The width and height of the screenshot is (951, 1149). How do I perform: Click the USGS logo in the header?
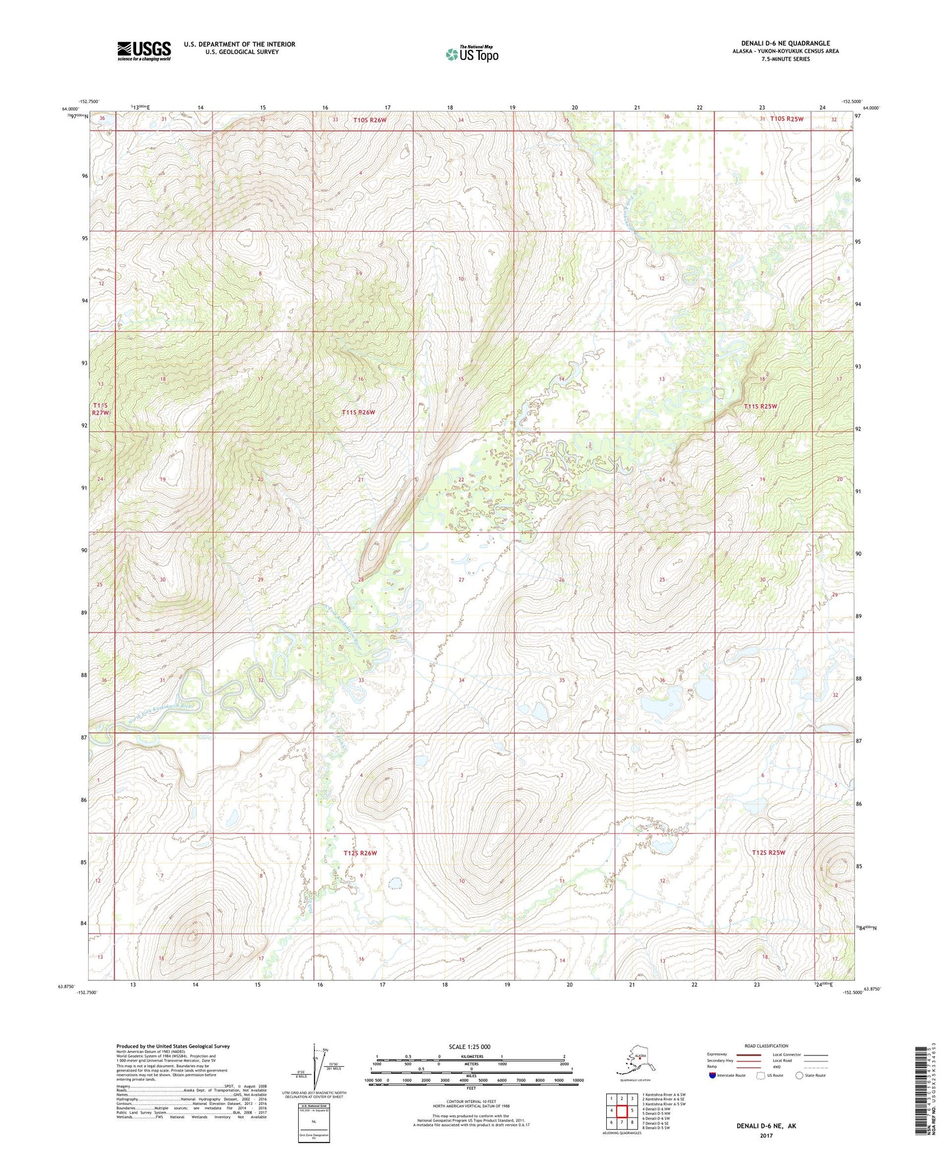tap(144, 51)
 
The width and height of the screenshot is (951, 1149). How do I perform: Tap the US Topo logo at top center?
tap(471, 53)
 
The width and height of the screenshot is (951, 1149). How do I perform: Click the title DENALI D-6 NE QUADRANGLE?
tap(785, 43)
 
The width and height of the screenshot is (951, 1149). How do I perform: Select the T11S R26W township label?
tap(358, 413)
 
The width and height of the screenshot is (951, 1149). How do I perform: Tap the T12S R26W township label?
tap(360, 853)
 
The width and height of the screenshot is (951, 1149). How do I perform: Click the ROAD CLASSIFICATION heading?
tap(766, 1046)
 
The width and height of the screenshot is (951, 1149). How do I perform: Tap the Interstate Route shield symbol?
tap(713, 1075)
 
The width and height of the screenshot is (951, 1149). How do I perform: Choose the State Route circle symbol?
tap(799, 1075)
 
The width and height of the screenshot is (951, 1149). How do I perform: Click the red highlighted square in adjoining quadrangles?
tap(621, 1110)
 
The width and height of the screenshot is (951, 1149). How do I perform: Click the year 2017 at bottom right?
tap(765, 1136)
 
